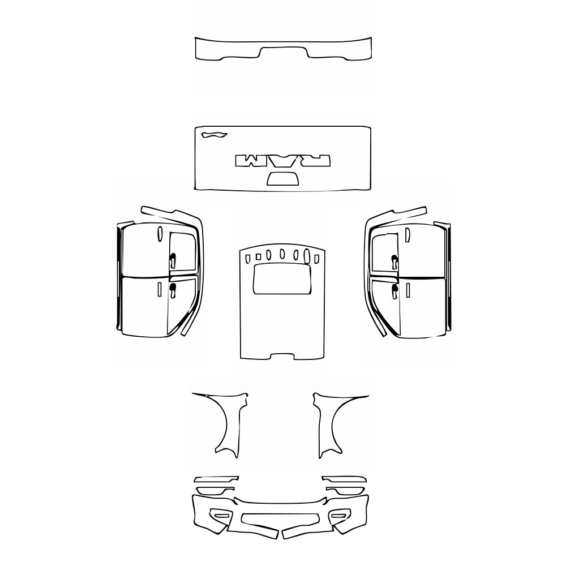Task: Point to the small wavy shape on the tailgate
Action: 213,135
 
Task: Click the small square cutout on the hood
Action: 247,258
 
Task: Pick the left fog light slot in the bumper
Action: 221,515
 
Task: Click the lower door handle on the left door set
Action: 173,290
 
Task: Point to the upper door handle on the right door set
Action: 394,261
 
